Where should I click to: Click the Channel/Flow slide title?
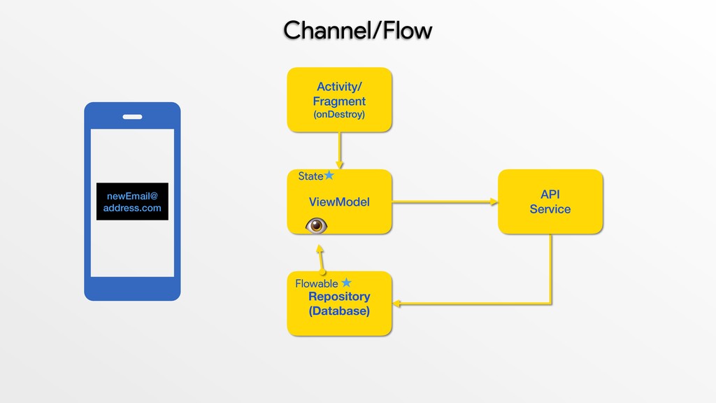[357, 31]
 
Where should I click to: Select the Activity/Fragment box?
[339, 100]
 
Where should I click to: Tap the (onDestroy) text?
[339, 114]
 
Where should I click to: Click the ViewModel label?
[339, 202]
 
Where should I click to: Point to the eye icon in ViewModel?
[316, 225]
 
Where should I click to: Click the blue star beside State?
[329, 175]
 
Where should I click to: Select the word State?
[310, 176]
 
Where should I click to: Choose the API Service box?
[550, 202]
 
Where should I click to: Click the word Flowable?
[317, 284]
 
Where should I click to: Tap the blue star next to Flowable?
[347, 283]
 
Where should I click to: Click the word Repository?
[339, 297]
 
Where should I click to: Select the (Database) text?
[339, 311]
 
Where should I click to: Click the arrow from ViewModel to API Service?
[445, 201]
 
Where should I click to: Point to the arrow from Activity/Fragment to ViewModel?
[339, 151]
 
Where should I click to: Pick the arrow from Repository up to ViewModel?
[321, 259]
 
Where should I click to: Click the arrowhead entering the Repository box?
[396, 304]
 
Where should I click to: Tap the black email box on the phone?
[132, 201]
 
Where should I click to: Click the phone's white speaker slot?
[132, 117]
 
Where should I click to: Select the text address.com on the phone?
[132, 208]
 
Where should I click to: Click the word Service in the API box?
[550, 209]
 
